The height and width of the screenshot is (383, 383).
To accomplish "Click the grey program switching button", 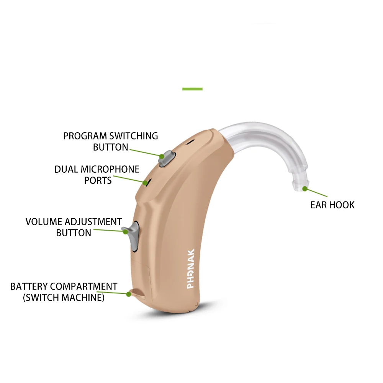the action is (x=168, y=158).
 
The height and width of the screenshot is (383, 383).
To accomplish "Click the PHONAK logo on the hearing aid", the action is (x=191, y=268).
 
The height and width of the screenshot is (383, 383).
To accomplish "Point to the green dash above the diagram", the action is (x=192, y=89).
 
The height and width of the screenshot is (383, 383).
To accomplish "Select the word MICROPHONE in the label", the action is (x=110, y=169).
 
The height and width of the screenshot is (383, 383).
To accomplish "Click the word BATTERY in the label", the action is (x=29, y=286).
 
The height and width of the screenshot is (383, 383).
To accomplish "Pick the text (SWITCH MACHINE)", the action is (x=64, y=298).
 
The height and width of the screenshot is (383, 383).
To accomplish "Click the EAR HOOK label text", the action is (x=332, y=205).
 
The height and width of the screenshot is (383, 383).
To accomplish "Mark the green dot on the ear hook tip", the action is (x=304, y=188).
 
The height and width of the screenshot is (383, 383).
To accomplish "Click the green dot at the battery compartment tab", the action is (x=129, y=294).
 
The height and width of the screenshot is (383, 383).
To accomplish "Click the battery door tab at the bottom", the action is (x=137, y=293).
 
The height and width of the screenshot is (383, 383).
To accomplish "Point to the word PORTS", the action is (x=98, y=180).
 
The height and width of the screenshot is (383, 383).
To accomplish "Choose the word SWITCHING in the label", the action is (x=134, y=136).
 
